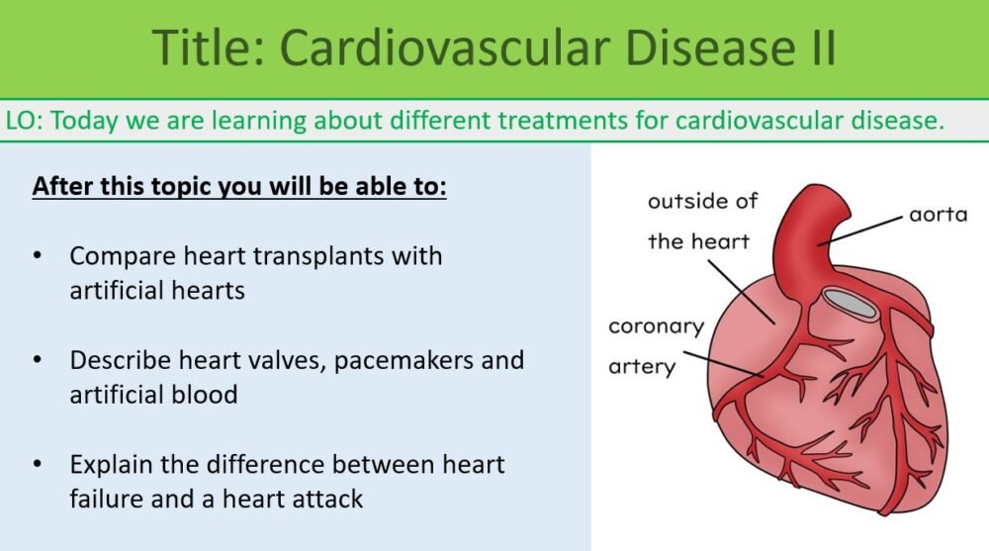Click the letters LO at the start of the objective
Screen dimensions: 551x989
pyautogui.click(x=23, y=122)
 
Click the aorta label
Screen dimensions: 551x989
pyautogui.click(x=938, y=214)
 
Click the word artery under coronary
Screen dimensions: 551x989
pyautogui.click(x=642, y=366)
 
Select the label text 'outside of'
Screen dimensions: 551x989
pyautogui.click(x=702, y=201)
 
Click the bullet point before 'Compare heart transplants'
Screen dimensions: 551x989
pyautogui.click(x=38, y=256)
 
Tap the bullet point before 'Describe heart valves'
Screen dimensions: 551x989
pyautogui.click(x=38, y=360)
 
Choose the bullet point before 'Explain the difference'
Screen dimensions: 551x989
pyautogui.click(x=38, y=464)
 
